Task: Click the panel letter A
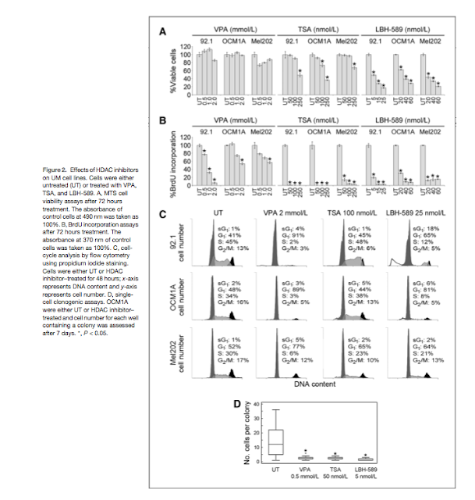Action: (x=163, y=32)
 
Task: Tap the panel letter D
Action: (x=239, y=404)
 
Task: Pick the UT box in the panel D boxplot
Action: (x=274, y=441)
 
